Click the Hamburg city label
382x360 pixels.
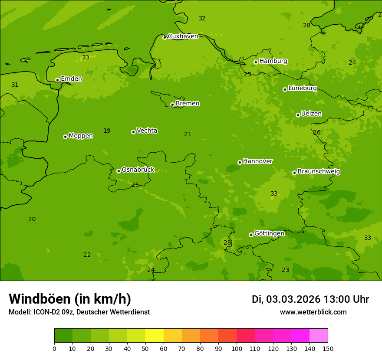(273, 61)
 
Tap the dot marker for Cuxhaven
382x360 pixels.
(165, 37)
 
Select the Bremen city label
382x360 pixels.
(188, 104)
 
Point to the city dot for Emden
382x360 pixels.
(57, 80)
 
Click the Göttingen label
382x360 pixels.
(269, 234)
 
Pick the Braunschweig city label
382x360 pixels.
(319, 172)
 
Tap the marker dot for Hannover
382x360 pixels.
(240, 162)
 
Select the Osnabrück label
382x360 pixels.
(138, 170)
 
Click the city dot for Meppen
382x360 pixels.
(65, 137)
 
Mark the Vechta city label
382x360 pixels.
(147, 131)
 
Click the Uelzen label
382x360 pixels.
(311, 114)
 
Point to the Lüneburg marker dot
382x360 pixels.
(285, 89)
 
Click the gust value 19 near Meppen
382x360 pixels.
(107, 131)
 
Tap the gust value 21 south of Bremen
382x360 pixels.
(188, 134)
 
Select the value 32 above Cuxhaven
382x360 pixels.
(202, 18)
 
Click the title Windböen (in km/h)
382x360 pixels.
(70, 299)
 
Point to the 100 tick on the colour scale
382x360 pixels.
(237, 348)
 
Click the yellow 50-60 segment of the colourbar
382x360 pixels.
(155, 335)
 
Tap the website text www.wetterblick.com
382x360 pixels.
(313, 312)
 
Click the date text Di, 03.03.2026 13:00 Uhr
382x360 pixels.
(310, 299)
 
